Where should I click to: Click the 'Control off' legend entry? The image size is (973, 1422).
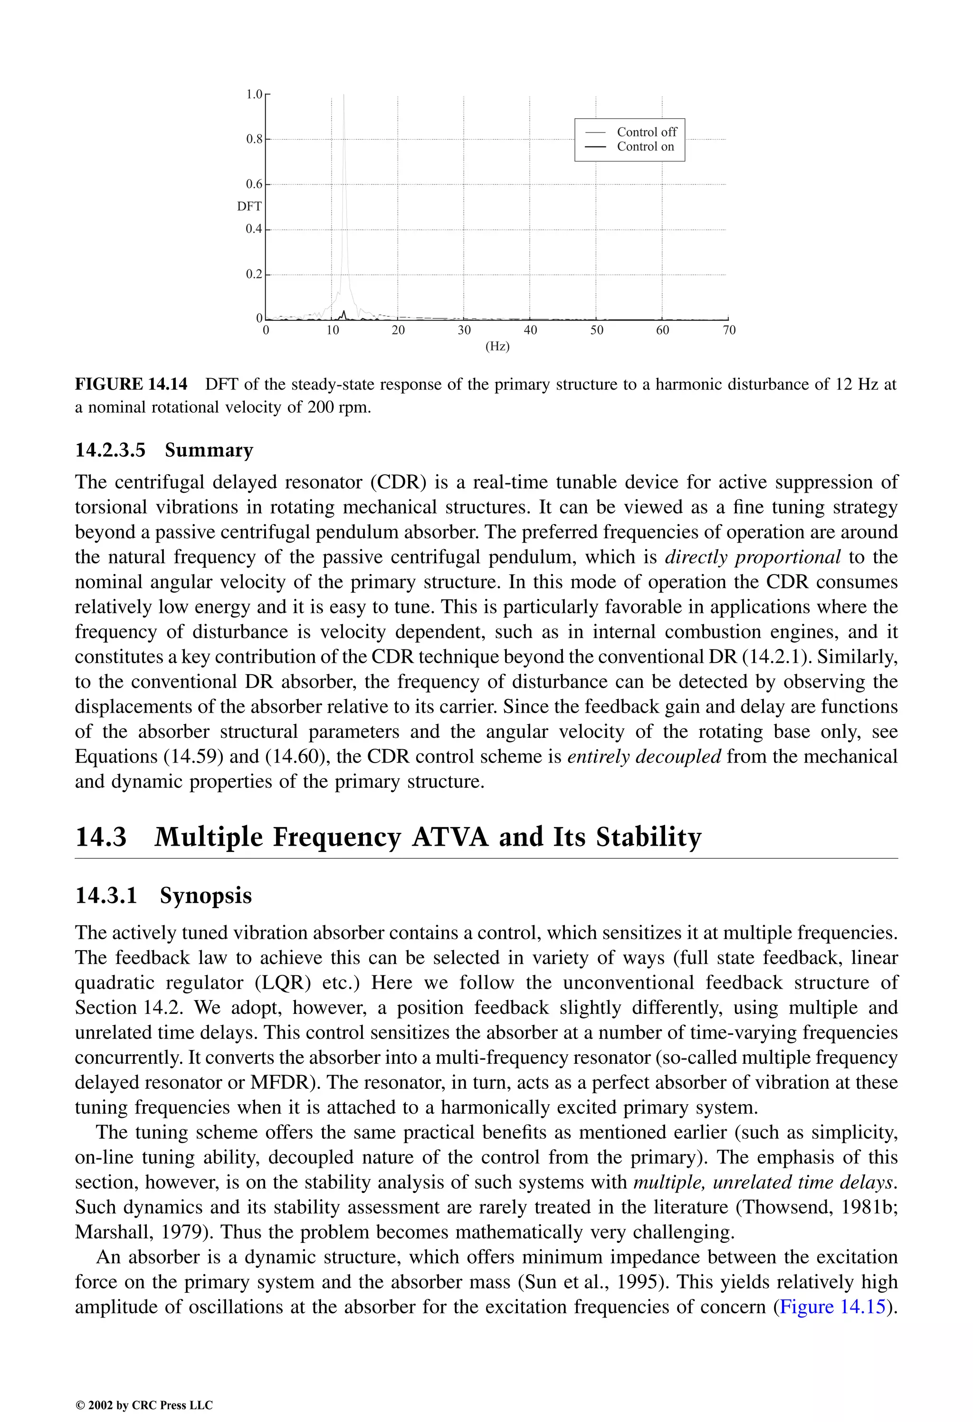[x=646, y=132]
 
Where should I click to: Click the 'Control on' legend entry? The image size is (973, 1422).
[x=645, y=146]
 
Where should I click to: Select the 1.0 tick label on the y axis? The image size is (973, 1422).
[x=253, y=94]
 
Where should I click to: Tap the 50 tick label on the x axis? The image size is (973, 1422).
[x=597, y=330]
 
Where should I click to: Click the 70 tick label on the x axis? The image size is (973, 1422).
[x=729, y=330]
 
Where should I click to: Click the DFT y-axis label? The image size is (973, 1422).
[x=249, y=206]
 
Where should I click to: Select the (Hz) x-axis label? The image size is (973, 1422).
[x=497, y=346]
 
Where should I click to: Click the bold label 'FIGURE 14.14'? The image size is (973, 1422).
[x=131, y=384]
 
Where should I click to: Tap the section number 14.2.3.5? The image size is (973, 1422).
[x=110, y=450]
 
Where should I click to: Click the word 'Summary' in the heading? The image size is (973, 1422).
[x=209, y=450]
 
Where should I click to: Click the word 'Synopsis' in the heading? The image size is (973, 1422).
[x=206, y=895]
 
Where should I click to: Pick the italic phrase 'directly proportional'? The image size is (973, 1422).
[x=752, y=557]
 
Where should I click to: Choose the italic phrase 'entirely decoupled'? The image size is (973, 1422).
[x=644, y=756]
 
